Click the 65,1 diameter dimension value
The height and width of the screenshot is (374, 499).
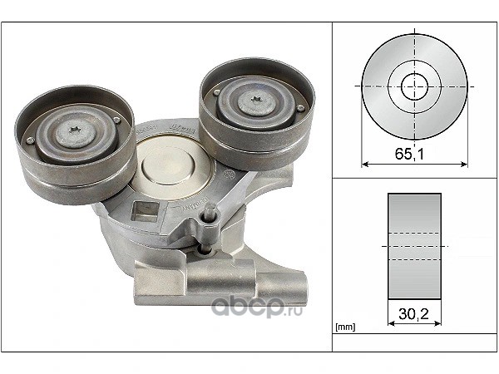point(409,154)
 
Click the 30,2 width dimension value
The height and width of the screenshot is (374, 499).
point(413,314)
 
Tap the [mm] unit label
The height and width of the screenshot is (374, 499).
point(345,327)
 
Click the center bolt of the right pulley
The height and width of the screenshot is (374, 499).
point(256,101)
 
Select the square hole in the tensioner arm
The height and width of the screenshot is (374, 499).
point(145,211)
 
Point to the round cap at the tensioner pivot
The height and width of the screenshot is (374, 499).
point(168,165)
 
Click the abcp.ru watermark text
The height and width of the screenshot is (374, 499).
point(256,307)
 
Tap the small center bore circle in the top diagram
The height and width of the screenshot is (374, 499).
point(414,86)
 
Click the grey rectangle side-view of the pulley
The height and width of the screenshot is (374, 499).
point(414,246)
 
